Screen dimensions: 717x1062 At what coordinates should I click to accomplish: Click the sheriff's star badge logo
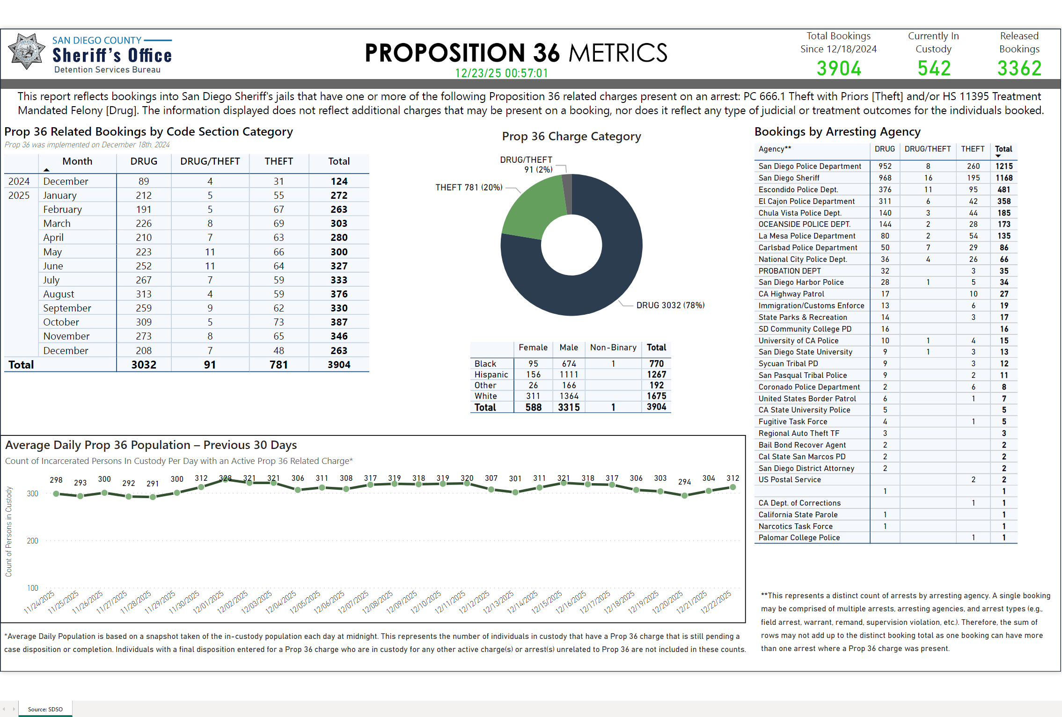coord(27,51)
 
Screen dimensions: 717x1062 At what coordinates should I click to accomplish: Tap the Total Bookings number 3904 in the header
coord(839,69)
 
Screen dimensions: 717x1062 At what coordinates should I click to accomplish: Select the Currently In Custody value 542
coord(934,69)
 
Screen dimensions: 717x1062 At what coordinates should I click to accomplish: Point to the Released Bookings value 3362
coord(1019,69)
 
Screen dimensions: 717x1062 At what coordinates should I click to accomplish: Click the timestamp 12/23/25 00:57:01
coord(501,73)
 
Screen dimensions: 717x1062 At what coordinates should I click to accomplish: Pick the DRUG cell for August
coord(144,294)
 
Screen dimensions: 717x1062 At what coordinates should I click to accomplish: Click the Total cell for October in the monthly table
coord(339,322)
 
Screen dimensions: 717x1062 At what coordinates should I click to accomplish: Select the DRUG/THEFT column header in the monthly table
coord(210,161)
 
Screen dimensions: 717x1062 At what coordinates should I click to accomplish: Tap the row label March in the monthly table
coord(57,224)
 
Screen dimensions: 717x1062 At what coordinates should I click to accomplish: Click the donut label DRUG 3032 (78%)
coord(670,305)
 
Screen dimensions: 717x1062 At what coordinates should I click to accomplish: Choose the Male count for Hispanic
coord(569,375)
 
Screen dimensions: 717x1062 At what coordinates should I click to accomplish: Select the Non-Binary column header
coord(613,348)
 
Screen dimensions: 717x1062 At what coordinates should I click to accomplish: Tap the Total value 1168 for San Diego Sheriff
coord(1004,178)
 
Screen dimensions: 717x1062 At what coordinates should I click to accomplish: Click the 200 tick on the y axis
coord(33,541)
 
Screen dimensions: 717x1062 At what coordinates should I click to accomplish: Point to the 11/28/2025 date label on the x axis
coord(136,601)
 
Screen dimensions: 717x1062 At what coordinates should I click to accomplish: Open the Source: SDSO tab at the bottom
coord(45,709)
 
